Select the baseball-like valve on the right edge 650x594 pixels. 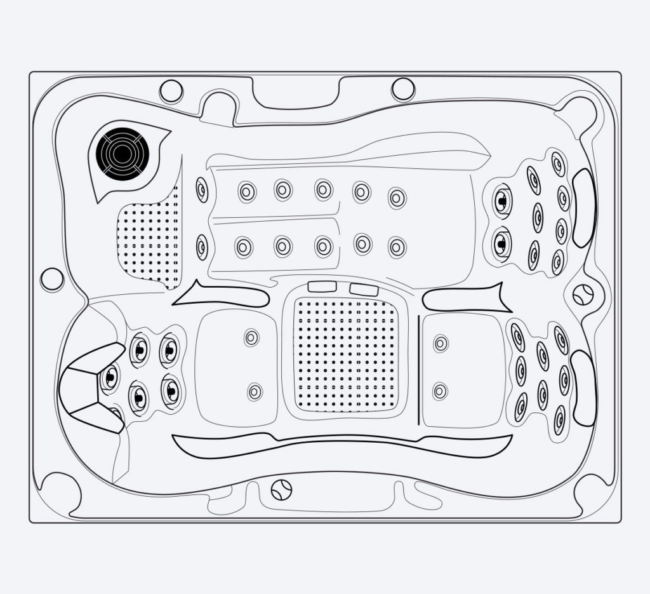pos(582,294)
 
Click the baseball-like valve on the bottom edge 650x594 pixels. pos(281,489)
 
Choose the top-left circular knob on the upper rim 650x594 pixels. pos(171,91)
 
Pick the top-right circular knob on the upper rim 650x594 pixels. pos(403,89)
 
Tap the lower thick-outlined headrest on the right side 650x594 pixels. pos(583,388)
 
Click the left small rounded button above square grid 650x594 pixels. pos(322,287)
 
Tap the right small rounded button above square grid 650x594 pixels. pos(364,290)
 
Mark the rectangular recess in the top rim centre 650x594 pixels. pos(295,94)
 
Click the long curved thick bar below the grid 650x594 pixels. pos(343,445)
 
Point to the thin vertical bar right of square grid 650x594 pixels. pos(419,368)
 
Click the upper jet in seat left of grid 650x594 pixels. pos(252,337)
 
